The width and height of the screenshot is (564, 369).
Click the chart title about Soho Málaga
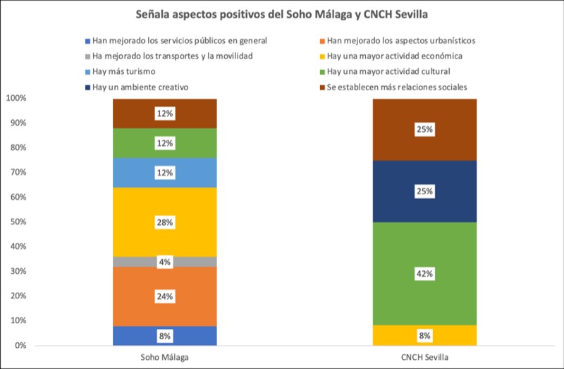click(x=282, y=15)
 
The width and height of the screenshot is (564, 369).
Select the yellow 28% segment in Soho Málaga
click(x=164, y=212)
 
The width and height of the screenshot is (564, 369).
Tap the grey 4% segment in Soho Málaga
click(x=164, y=262)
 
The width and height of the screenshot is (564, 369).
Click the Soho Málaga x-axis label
click(x=164, y=357)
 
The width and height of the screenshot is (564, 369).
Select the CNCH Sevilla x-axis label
click(x=425, y=357)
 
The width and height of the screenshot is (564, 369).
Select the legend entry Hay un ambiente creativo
click(x=138, y=87)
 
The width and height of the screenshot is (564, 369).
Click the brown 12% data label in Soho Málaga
click(x=164, y=113)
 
